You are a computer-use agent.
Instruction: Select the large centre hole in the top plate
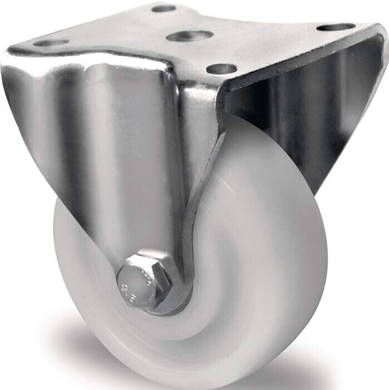pyautogui.click(x=189, y=36)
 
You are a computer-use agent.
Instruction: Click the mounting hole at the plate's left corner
pyautogui.click(x=51, y=42)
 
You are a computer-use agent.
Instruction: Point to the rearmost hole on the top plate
pyautogui.click(x=164, y=8)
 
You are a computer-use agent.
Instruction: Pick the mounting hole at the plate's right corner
pyautogui.click(x=336, y=27)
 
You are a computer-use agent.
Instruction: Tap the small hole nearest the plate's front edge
pyautogui.click(x=221, y=69)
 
